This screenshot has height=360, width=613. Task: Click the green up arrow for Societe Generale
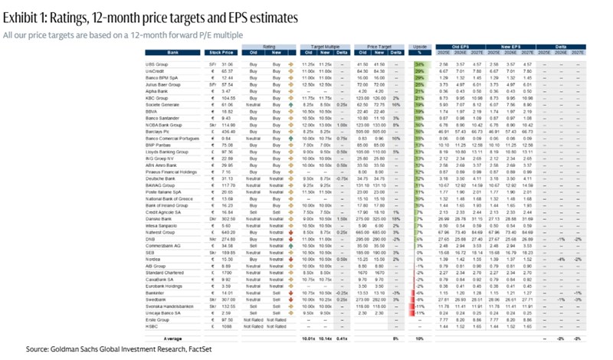click(x=290, y=102)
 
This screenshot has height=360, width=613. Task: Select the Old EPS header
click(x=458, y=47)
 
